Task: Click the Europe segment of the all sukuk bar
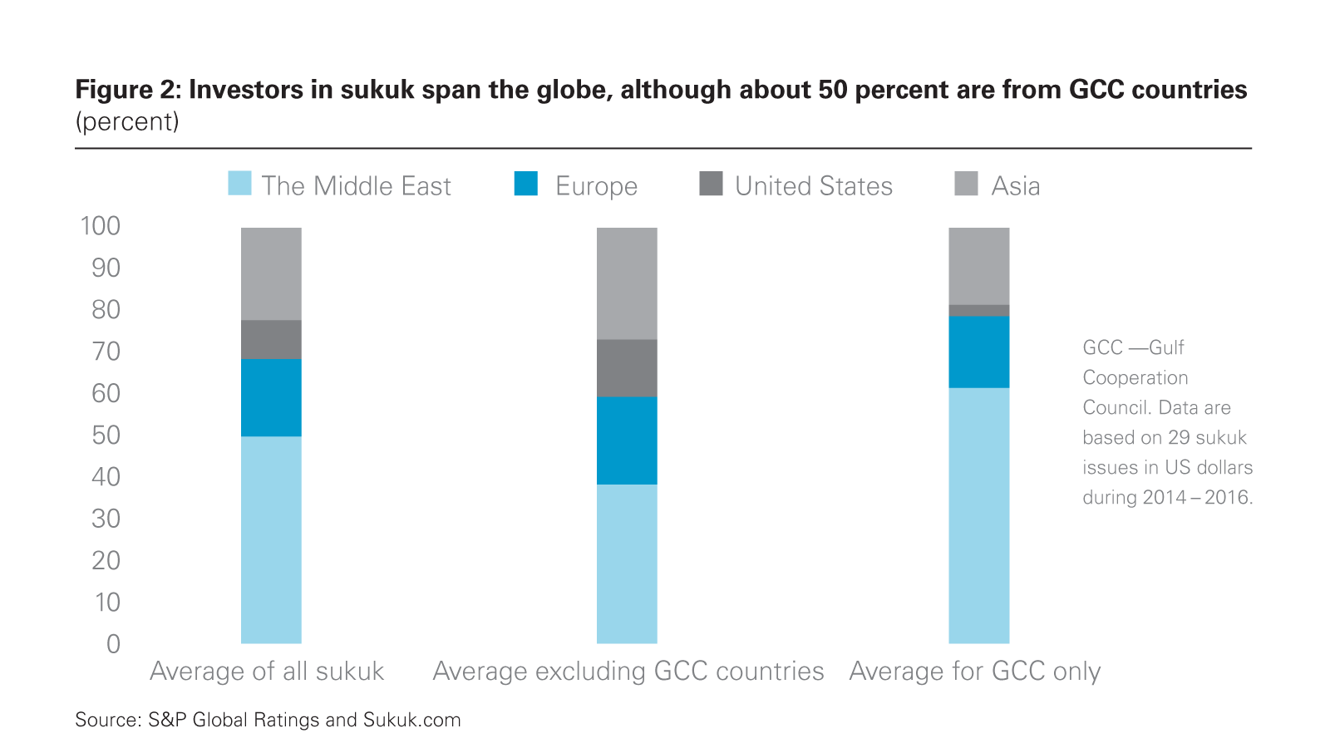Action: click(x=271, y=397)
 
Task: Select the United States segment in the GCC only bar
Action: click(x=978, y=311)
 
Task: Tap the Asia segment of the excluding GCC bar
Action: click(x=627, y=283)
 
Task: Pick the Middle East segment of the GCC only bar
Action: click(x=978, y=515)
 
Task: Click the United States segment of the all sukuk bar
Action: click(x=271, y=339)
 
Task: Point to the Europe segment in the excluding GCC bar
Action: click(x=627, y=440)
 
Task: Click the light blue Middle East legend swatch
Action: click(x=239, y=184)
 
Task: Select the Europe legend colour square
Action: click(x=526, y=184)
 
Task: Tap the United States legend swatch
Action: click(x=711, y=184)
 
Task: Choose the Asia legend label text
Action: click(x=1015, y=186)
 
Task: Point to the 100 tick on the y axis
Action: click(x=101, y=226)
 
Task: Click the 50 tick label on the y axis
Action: click(x=106, y=435)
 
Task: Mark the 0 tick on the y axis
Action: click(x=113, y=644)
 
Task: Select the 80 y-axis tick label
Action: click(x=106, y=309)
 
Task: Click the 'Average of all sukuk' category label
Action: click(x=267, y=672)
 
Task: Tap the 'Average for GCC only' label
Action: click(x=974, y=672)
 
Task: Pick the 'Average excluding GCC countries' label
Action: click(x=628, y=672)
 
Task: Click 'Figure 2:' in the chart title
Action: click(x=127, y=90)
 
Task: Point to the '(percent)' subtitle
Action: click(x=127, y=122)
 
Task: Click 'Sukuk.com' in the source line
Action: click(x=411, y=720)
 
